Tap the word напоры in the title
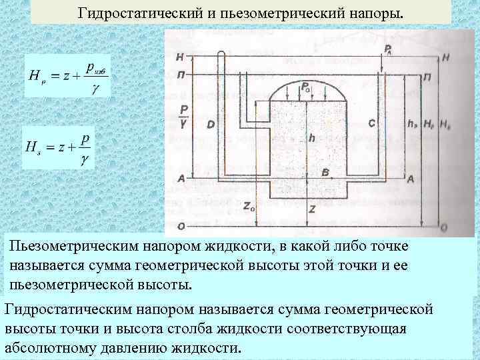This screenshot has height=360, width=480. pyautogui.click(x=375, y=13)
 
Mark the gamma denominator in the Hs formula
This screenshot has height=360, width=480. pyautogui.click(x=84, y=161)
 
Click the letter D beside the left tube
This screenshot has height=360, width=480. pyautogui.click(x=211, y=125)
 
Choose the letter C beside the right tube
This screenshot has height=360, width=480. pyautogui.click(x=371, y=123)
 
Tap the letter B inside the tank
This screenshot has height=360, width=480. pyautogui.click(x=325, y=173)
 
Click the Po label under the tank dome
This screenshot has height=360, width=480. pyautogui.click(x=305, y=87)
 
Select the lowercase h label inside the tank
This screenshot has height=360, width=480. pyautogui.click(x=311, y=138)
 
